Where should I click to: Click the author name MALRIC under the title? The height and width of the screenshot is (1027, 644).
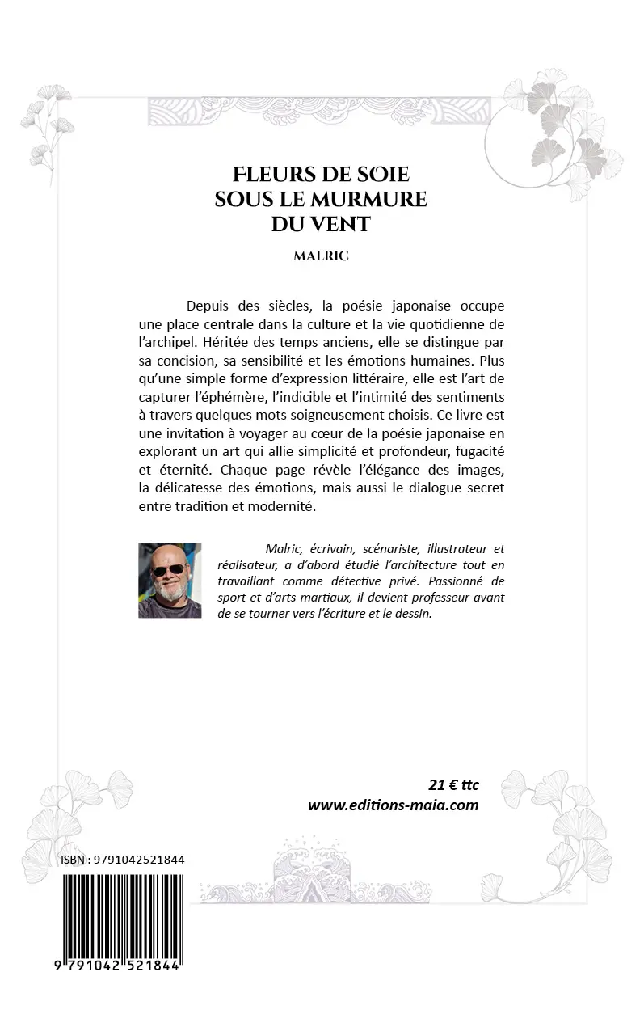(x=321, y=256)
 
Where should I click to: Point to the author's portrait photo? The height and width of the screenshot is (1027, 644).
(x=170, y=580)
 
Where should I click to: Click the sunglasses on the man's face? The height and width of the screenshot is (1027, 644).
(x=168, y=569)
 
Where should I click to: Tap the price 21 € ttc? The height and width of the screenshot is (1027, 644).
(x=452, y=784)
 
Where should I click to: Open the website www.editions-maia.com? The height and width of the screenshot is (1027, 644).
(x=393, y=805)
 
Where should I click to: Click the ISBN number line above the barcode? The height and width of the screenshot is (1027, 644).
(x=122, y=860)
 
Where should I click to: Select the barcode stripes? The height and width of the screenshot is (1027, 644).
(x=122, y=918)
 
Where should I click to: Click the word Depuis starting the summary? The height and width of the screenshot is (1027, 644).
(x=207, y=306)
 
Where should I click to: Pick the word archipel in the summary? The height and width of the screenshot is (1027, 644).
(x=166, y=342)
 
